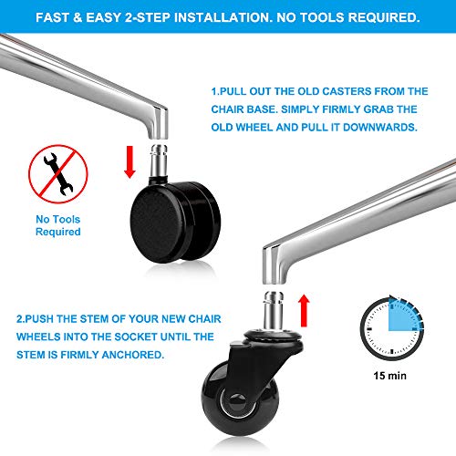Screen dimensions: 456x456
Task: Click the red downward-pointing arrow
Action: [x=130, y=161]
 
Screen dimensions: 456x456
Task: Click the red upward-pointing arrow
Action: [x=304, y=310]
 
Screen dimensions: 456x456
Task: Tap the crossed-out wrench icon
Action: [x=58, y=174]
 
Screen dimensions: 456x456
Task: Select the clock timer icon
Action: [x=392, y=328]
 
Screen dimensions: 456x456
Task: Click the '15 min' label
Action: [x=389, y=376]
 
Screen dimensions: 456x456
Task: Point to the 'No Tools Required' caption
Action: [x=58, y=225]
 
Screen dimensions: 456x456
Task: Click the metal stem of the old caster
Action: [x=159, y=161]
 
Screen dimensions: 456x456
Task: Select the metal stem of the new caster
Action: [x=274, y=310]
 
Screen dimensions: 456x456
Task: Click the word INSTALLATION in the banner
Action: [x=223, y=17]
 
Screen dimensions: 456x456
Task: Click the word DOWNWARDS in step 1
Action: [x=380, y=128]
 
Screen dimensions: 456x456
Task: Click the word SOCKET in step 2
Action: [x=136, y=337]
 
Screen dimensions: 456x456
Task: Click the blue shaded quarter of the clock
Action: [x=404, y=316]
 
